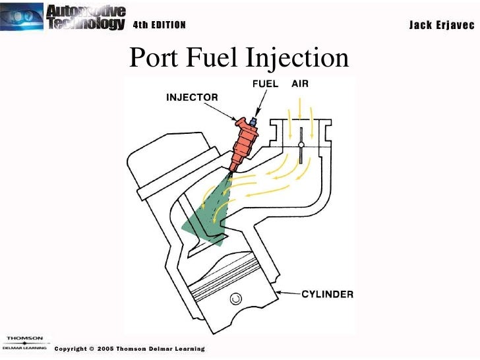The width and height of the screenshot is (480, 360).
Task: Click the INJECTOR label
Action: [x=191, y=98]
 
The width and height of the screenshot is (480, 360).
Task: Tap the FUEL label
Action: [x=265, y=84]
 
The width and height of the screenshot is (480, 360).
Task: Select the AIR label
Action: [x=300, y=84]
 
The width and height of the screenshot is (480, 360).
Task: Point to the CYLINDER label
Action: [x=328, y=294]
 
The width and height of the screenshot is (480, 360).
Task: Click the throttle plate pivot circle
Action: [x=301, y=145]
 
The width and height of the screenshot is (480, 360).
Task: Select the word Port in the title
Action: [x=151, y=58]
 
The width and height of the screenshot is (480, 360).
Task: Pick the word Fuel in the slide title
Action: [x=209, y=58]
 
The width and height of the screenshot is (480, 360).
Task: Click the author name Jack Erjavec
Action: [x=440, y=25]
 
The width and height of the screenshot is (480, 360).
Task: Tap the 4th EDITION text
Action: [x=160, y=26]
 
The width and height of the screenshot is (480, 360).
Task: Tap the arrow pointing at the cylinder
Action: [x=287, y=293]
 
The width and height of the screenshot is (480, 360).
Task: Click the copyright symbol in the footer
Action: [x=91, y=349]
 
